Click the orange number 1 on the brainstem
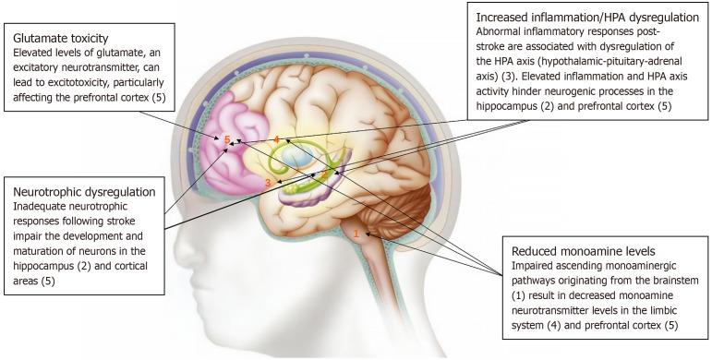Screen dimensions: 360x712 356,234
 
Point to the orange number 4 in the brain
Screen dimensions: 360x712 275,139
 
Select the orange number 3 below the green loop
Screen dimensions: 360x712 268,183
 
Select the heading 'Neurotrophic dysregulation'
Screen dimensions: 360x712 85,191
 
